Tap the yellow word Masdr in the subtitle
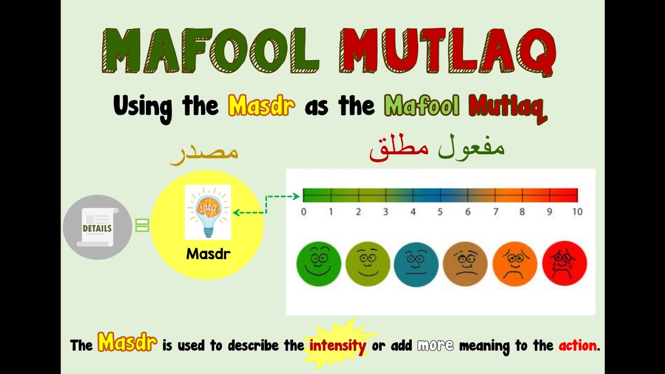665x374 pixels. coord(261,106)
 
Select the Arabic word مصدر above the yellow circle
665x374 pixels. coord(204,153)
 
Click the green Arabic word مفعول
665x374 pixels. coord(471,148)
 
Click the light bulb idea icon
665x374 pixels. coord(208,212)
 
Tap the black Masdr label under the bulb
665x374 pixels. coord(208,255)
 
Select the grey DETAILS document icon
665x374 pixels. coord(97,228)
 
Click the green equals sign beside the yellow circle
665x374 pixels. coord(142,225)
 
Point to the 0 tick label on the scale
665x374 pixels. coord(303,212)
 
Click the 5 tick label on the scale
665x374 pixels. coord(440,212)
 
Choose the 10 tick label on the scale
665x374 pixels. coord(577,212)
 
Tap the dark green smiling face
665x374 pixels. coord(318,264)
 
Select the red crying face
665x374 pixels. coord(564,264)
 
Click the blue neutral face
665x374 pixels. coord(416,264)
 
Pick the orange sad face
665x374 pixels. coord(515,264)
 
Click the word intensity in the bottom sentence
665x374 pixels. coord(338,345)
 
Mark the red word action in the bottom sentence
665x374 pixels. coord(578,345)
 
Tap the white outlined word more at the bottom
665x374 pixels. coord(435,345)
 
